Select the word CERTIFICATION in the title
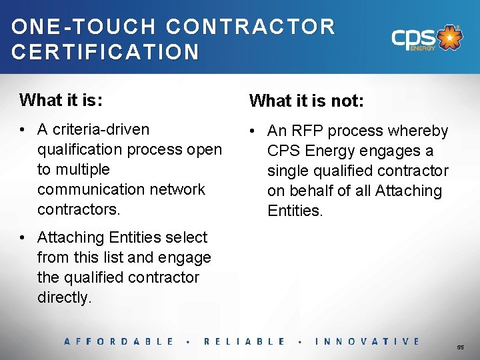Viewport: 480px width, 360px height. pos(105,52)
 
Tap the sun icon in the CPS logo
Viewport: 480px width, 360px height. pos(451,38)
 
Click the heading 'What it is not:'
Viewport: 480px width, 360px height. pos(307,101)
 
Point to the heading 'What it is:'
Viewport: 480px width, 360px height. pos(61,100)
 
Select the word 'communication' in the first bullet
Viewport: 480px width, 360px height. pos(87,189)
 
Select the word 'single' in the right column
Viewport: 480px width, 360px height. pos(289,171)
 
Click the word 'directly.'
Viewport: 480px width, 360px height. pos(64,297)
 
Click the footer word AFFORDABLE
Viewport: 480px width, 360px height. pos(119,341)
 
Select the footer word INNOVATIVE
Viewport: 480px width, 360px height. pos(367,341)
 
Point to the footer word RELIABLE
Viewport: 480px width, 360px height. pos(245,341)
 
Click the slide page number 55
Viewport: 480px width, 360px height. pos(460,347)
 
